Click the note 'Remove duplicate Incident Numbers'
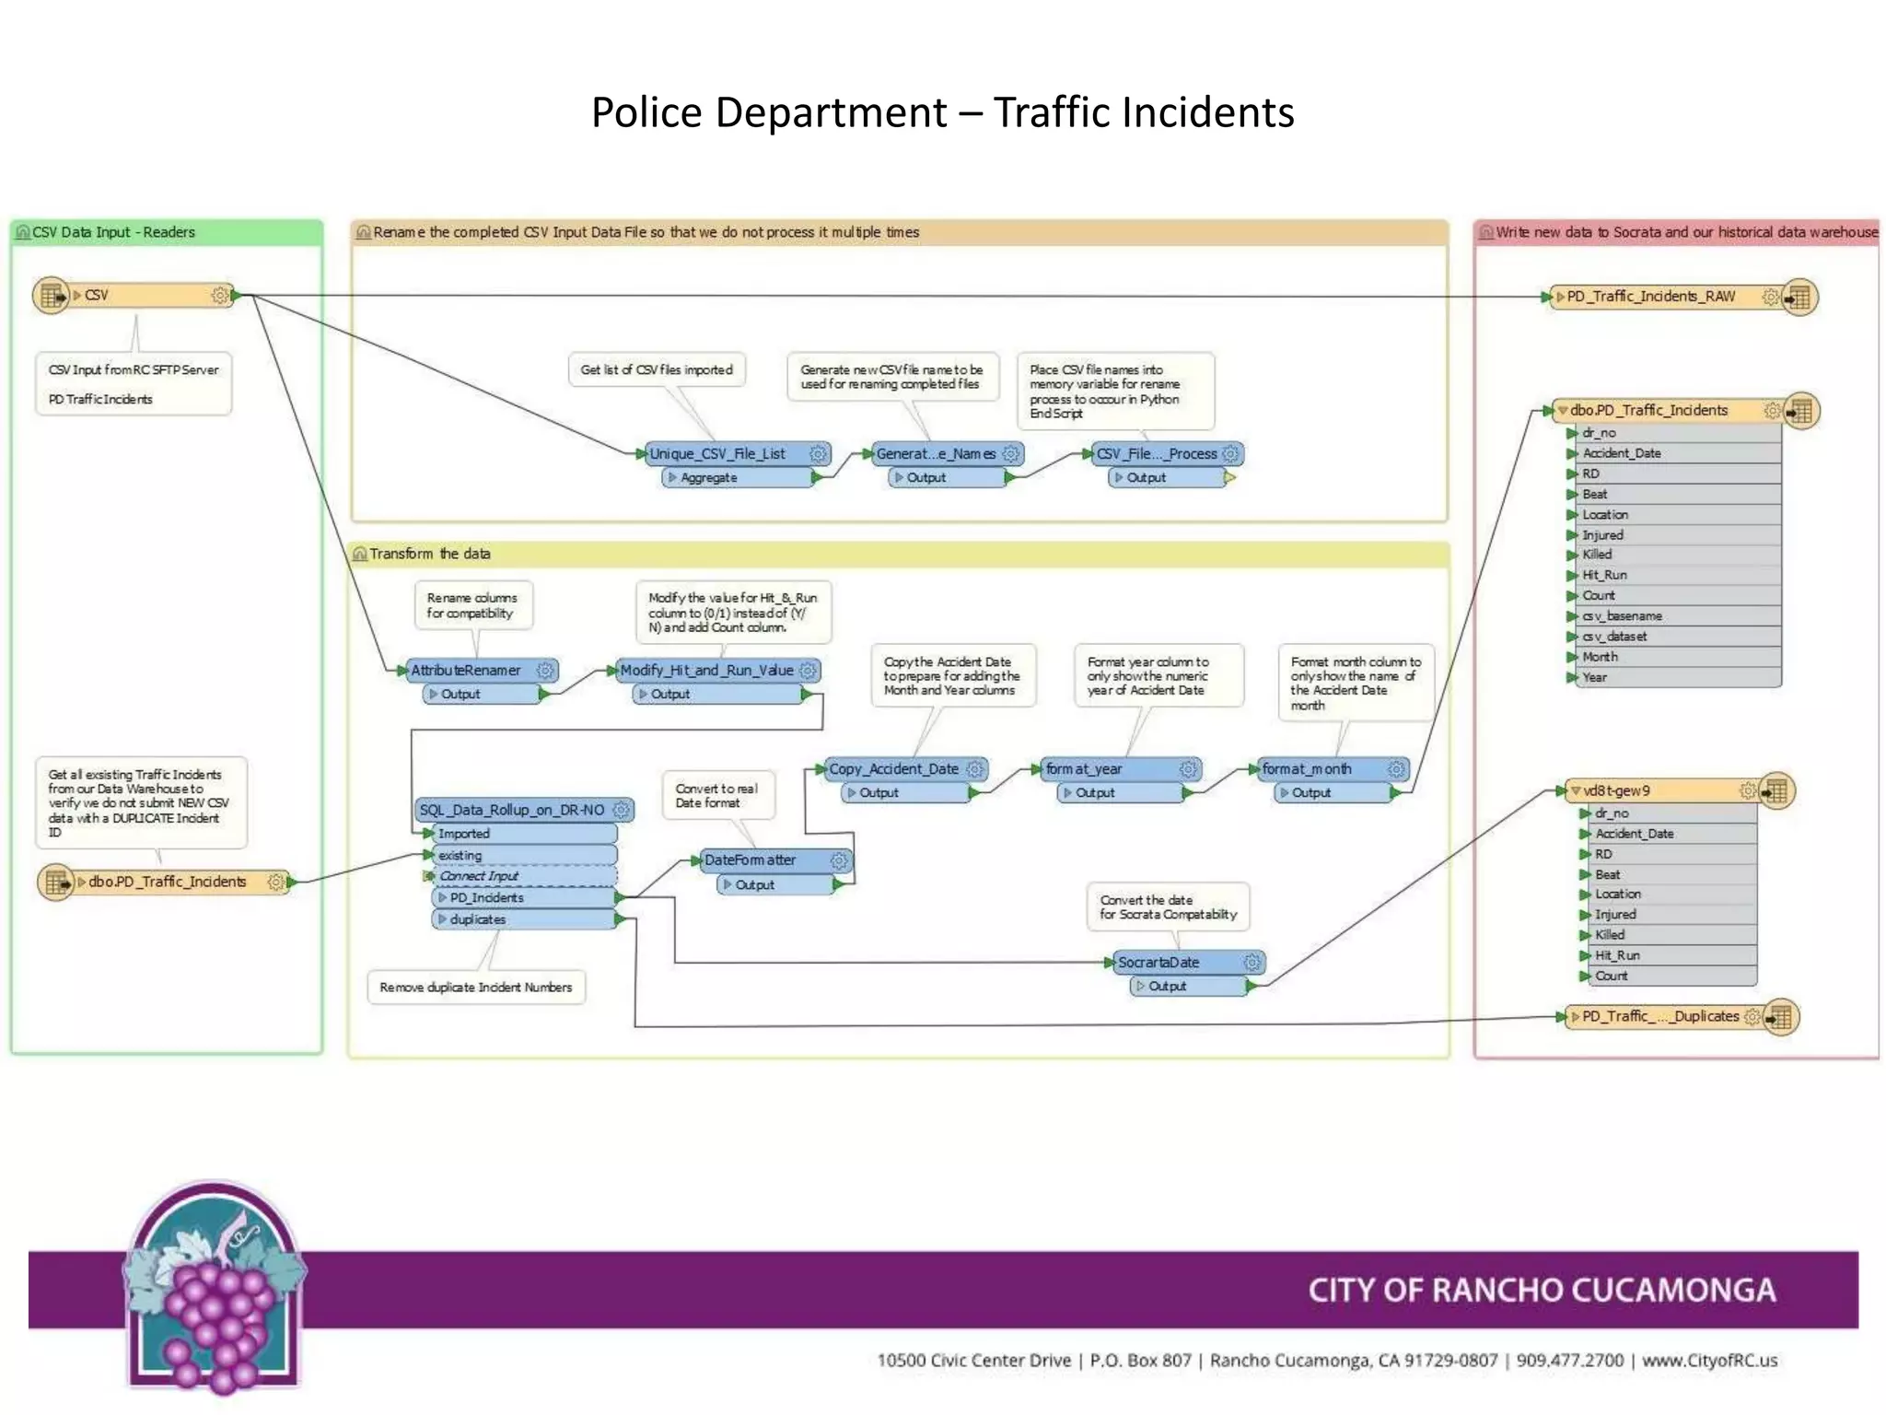point(475,987)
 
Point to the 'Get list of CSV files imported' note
point(656,369)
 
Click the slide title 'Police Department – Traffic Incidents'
point(942,112)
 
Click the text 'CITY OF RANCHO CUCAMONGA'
point(1542,1290)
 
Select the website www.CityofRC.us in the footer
point(1709,1360)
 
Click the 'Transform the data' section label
point(429,554)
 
